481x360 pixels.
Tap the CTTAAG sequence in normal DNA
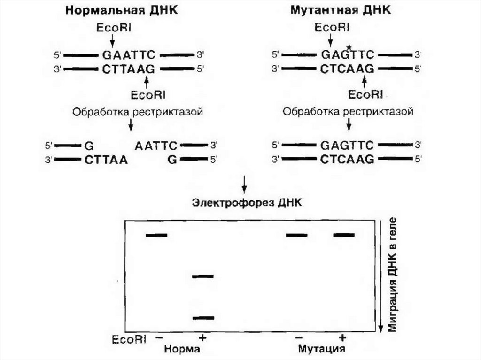coord(128,69)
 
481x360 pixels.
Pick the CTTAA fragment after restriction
coord(107,160)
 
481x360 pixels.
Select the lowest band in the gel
coord(203,318)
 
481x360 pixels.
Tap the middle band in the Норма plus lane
coord(203,276)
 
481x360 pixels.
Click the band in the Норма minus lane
coord(156,235)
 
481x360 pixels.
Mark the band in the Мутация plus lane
coord(344,235)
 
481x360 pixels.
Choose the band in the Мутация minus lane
coord(297,235)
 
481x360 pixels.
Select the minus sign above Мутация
coord(299,338)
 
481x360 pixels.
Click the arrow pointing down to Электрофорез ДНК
coord(244,185)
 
